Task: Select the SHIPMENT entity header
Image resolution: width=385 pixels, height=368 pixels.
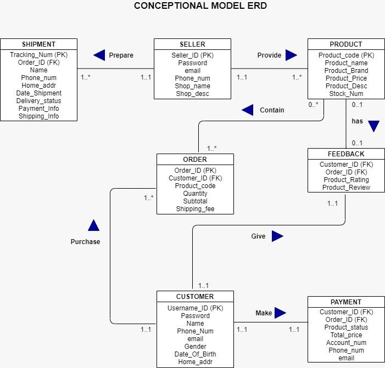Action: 38,44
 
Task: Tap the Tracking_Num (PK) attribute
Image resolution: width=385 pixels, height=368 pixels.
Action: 38,55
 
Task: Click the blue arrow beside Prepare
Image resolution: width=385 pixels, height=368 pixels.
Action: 99,55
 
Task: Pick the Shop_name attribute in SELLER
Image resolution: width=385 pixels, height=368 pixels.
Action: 192,86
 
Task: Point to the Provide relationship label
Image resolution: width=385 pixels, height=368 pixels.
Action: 269,55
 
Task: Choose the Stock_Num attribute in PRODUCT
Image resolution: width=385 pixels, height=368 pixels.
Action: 346,94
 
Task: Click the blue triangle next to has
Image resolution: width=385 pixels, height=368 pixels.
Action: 373,126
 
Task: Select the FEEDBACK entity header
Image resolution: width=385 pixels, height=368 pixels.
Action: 346,154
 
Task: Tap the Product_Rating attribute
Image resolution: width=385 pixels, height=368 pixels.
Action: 346,180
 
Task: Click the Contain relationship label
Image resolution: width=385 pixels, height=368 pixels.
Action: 272,110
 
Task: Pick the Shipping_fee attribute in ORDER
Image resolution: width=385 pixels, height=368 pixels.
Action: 195,209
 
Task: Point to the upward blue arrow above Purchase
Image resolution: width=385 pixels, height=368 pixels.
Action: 93,225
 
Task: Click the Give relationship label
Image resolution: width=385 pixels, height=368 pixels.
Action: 258,236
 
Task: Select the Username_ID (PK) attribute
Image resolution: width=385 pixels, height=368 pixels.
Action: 195,308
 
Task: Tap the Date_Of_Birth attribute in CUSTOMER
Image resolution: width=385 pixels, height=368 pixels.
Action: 195,354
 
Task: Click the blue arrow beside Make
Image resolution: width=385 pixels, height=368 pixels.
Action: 280,313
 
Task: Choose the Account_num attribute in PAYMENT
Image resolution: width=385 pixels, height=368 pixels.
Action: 346,343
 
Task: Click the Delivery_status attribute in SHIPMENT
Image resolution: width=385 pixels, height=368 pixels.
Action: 38,101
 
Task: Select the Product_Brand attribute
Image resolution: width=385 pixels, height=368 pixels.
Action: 346,71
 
